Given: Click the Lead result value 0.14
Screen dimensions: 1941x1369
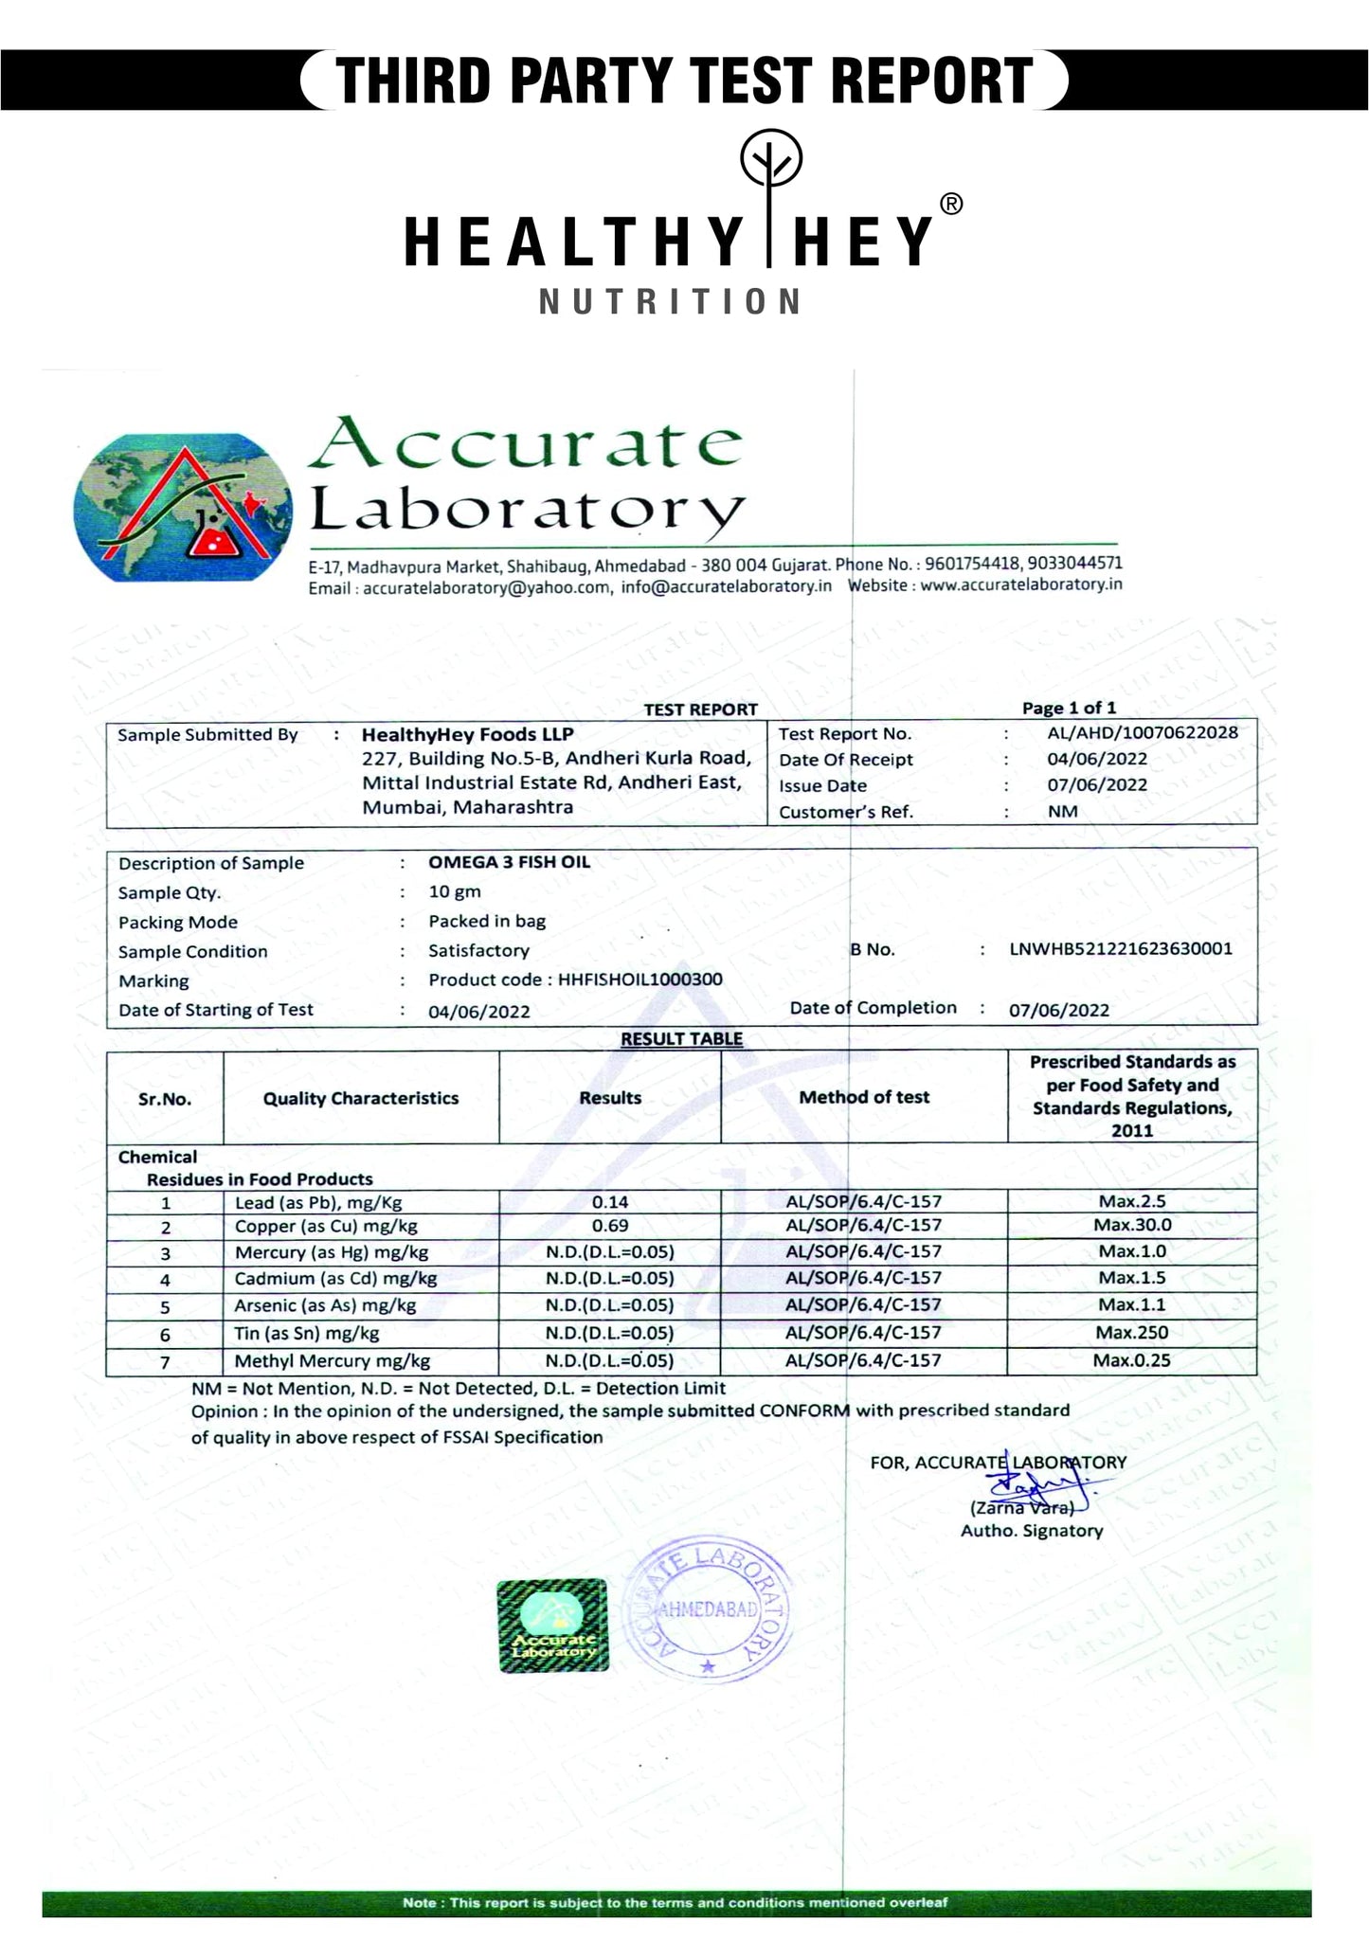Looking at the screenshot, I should tap(610, 1201).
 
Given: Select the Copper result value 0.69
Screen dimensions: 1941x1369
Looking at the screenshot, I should tap(610, 1225).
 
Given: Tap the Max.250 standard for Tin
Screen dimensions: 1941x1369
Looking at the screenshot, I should tap(1132, 1332).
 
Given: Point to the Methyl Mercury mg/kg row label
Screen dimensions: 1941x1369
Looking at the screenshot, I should tap(332, 1361).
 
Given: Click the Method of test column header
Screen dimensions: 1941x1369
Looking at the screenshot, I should tap(864, 1097).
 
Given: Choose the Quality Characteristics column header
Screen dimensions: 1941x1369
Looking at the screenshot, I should tap(361, 1098).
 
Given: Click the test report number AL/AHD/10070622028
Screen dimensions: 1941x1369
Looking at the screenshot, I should tap(1142, 732).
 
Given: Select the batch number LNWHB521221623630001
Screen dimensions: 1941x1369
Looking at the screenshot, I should tap(1121, 948).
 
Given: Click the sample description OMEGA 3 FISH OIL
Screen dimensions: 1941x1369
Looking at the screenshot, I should tap(509, 862).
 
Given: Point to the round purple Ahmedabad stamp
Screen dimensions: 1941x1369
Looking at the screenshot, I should tap(708, 1609).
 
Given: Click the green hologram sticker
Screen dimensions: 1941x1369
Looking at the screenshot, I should tap(552, 1624).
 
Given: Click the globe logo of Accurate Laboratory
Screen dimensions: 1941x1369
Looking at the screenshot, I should tap(182, 508).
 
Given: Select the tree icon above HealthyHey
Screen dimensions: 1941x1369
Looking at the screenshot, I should tap(770, 163).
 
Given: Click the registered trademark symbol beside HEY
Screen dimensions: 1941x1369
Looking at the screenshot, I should tap(951, 205).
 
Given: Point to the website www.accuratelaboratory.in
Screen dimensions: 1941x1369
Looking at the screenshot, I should tap(1020, 584).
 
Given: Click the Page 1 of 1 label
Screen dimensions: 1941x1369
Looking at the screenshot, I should tap(1069, 708).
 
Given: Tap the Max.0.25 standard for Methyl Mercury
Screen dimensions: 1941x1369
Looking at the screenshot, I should tap(1132, 1360).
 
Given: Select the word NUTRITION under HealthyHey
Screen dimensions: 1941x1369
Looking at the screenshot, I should tap(671, 302).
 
